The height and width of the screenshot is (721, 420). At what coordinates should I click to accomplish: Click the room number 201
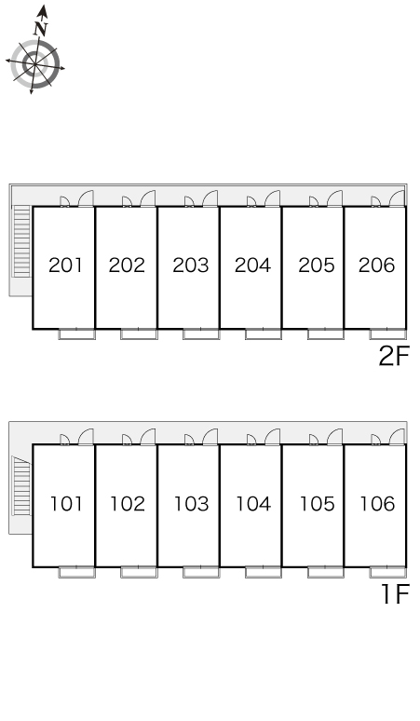[x=65, y=265]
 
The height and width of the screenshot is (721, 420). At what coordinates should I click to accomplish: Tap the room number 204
[x=252, y=265]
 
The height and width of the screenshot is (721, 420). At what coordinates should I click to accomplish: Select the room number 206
[x=377, y=265]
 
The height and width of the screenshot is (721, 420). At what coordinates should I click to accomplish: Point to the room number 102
[x=128, y=504]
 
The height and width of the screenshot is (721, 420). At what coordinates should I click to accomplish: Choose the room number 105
[x=317, y=504]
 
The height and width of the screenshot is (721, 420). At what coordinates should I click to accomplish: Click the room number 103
[x=191, y=504]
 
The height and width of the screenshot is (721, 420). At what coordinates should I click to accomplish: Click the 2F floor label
[x=393, y=356]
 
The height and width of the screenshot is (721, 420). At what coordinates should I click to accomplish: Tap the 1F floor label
[x=395, y=594]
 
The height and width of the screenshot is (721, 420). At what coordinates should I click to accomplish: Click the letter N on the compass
[x=41, y=29]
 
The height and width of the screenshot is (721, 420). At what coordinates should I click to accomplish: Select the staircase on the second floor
[x=21, y=241]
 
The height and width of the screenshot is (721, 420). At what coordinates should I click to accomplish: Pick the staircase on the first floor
[x=21, y=486]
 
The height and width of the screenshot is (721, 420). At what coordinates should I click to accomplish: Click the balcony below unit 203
[x=201, y=334]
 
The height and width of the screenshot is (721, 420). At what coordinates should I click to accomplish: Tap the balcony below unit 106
[x=387, y=573]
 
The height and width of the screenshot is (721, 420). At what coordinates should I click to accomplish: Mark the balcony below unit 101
[x=76, y=573]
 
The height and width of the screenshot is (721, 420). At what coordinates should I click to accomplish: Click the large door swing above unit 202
[x=147, y=198]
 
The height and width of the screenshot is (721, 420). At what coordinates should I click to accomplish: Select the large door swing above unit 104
[x=272, y=437]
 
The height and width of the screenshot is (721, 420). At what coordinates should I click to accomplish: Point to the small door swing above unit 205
[x=314, y=201]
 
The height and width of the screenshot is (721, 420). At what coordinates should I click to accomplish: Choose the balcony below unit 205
[x=325, y=334]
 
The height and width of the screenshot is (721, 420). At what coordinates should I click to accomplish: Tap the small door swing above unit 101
[x=65, y=440]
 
